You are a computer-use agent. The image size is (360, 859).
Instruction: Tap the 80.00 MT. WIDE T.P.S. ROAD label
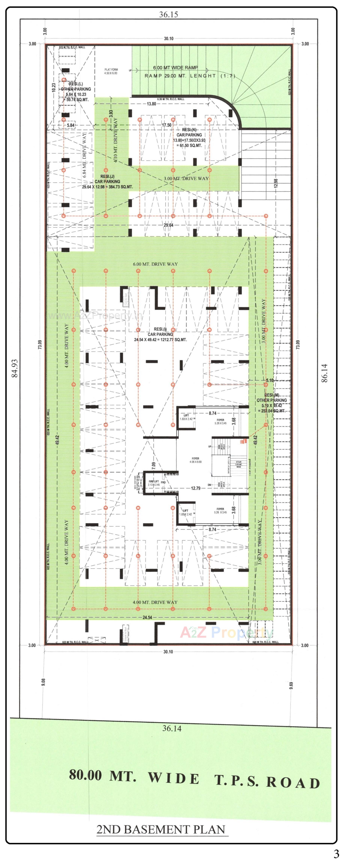194,779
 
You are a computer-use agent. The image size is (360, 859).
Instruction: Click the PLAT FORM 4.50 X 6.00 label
111,71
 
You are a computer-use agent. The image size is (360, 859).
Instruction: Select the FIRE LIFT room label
154,483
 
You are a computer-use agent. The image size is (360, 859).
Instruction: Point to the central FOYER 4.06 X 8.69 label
195,460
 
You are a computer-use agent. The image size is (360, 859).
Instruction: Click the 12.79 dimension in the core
196,488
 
